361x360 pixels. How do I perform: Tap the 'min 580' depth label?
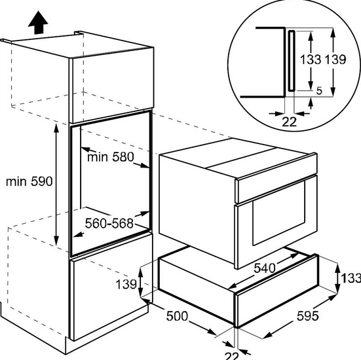[110, 157]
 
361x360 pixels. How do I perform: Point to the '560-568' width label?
[109, 223]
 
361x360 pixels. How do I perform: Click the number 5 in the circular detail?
[318, 92]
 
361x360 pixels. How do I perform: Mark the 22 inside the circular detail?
[289, 120]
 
